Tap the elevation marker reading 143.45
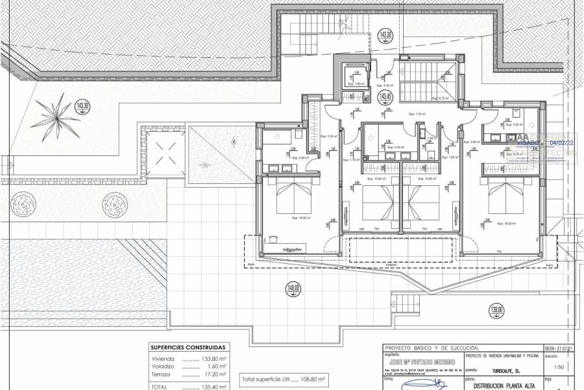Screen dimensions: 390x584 [x=385, y=98]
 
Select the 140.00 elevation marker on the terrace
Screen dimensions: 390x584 [x=294, y=290]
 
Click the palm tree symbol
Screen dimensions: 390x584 [x=58, y=118]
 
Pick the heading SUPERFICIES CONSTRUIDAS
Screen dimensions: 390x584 [x=188, y=348]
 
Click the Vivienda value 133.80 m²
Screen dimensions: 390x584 [x=213, y=358]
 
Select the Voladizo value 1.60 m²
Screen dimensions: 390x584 [x=216, y=367]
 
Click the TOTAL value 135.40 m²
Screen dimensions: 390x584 [x=213, y=387]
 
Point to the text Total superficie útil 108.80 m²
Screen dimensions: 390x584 [x=283, y=378]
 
